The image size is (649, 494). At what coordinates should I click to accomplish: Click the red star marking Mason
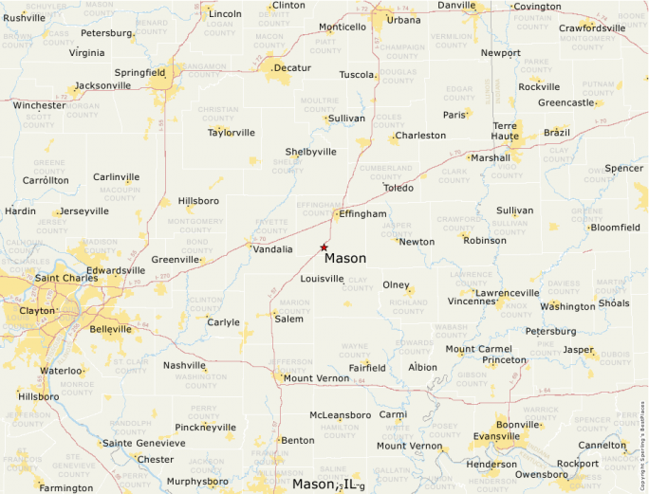click(324, 247)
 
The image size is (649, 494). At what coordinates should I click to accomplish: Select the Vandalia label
click(273, 249)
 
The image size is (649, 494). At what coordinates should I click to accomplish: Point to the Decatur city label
click(291, 68)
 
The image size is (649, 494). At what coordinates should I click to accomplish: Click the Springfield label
click(139, 72)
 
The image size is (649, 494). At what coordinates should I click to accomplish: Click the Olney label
click(396, 285)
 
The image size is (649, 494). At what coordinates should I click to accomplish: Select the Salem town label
click(288, 320)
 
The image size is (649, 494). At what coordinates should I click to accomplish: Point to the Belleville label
click(111, 329)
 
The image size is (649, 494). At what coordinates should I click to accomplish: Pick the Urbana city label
click(404, 20)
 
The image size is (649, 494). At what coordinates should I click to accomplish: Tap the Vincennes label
click(473, 302)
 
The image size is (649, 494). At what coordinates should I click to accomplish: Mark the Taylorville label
click(232, 133)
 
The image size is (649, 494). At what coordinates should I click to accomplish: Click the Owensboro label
click(541, 475)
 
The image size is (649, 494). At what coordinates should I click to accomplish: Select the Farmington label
click(67, 488)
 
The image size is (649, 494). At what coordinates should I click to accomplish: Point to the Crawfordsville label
click(592, 28)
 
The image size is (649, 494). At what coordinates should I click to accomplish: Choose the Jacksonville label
click(102, 85)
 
